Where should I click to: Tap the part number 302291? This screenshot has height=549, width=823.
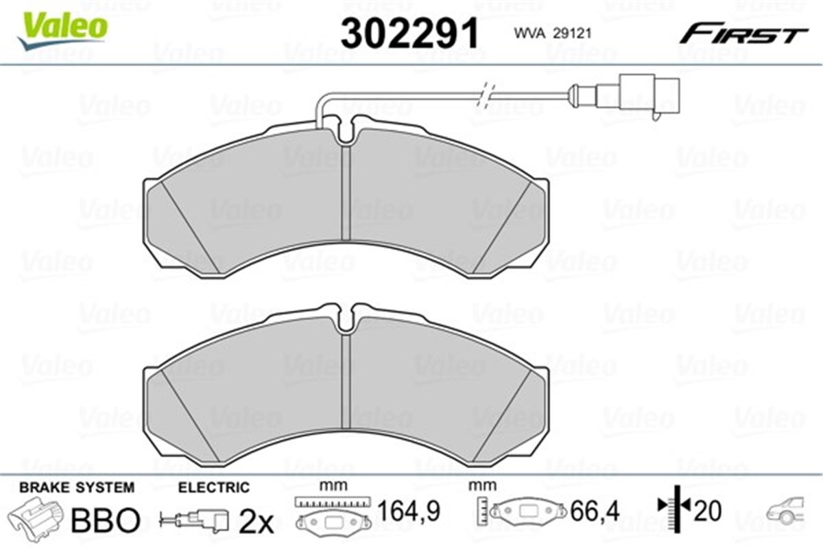(409, 33)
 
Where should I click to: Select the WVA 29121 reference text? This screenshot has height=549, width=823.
(553, 34)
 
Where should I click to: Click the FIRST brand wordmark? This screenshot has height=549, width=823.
(743, 35)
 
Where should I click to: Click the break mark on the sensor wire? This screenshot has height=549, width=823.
(485, 95)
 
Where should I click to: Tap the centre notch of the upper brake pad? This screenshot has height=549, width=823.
(346, 130)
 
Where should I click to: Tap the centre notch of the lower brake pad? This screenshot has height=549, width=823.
(346, 318)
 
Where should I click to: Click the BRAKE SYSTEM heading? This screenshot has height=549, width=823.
(77, 488)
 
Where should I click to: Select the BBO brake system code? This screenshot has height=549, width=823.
(106, 520)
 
